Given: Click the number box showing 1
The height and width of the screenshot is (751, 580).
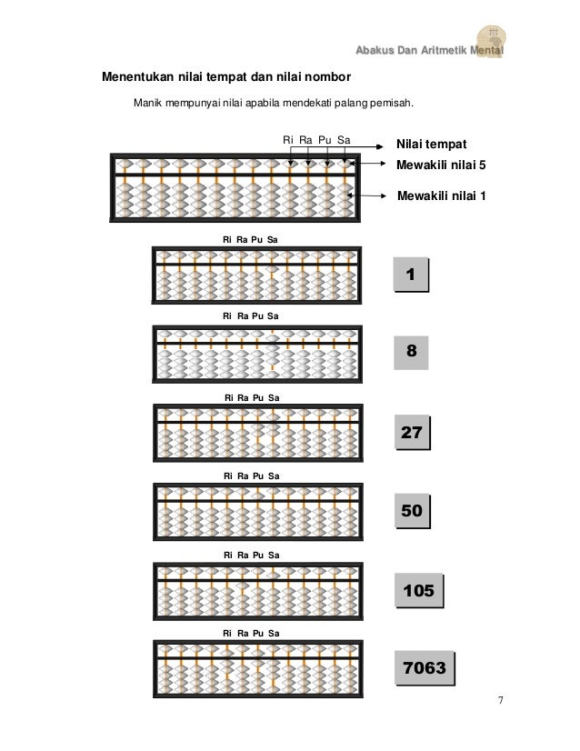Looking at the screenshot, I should click(x=411, y=274).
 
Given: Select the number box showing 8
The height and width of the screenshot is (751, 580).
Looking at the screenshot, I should click(x=411, y=351).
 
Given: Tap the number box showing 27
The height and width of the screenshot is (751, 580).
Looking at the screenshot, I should click(x=411, y=433).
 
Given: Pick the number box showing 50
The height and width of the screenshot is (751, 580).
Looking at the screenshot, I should click(x=411, y=512).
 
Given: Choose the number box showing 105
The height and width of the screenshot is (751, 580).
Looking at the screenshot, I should click(x=418, y=592).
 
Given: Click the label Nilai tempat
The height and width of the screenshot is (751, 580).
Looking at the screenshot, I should click(x=432, y=145).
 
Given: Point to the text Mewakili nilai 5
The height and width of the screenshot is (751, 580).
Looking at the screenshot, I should click(x=442, y=165).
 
